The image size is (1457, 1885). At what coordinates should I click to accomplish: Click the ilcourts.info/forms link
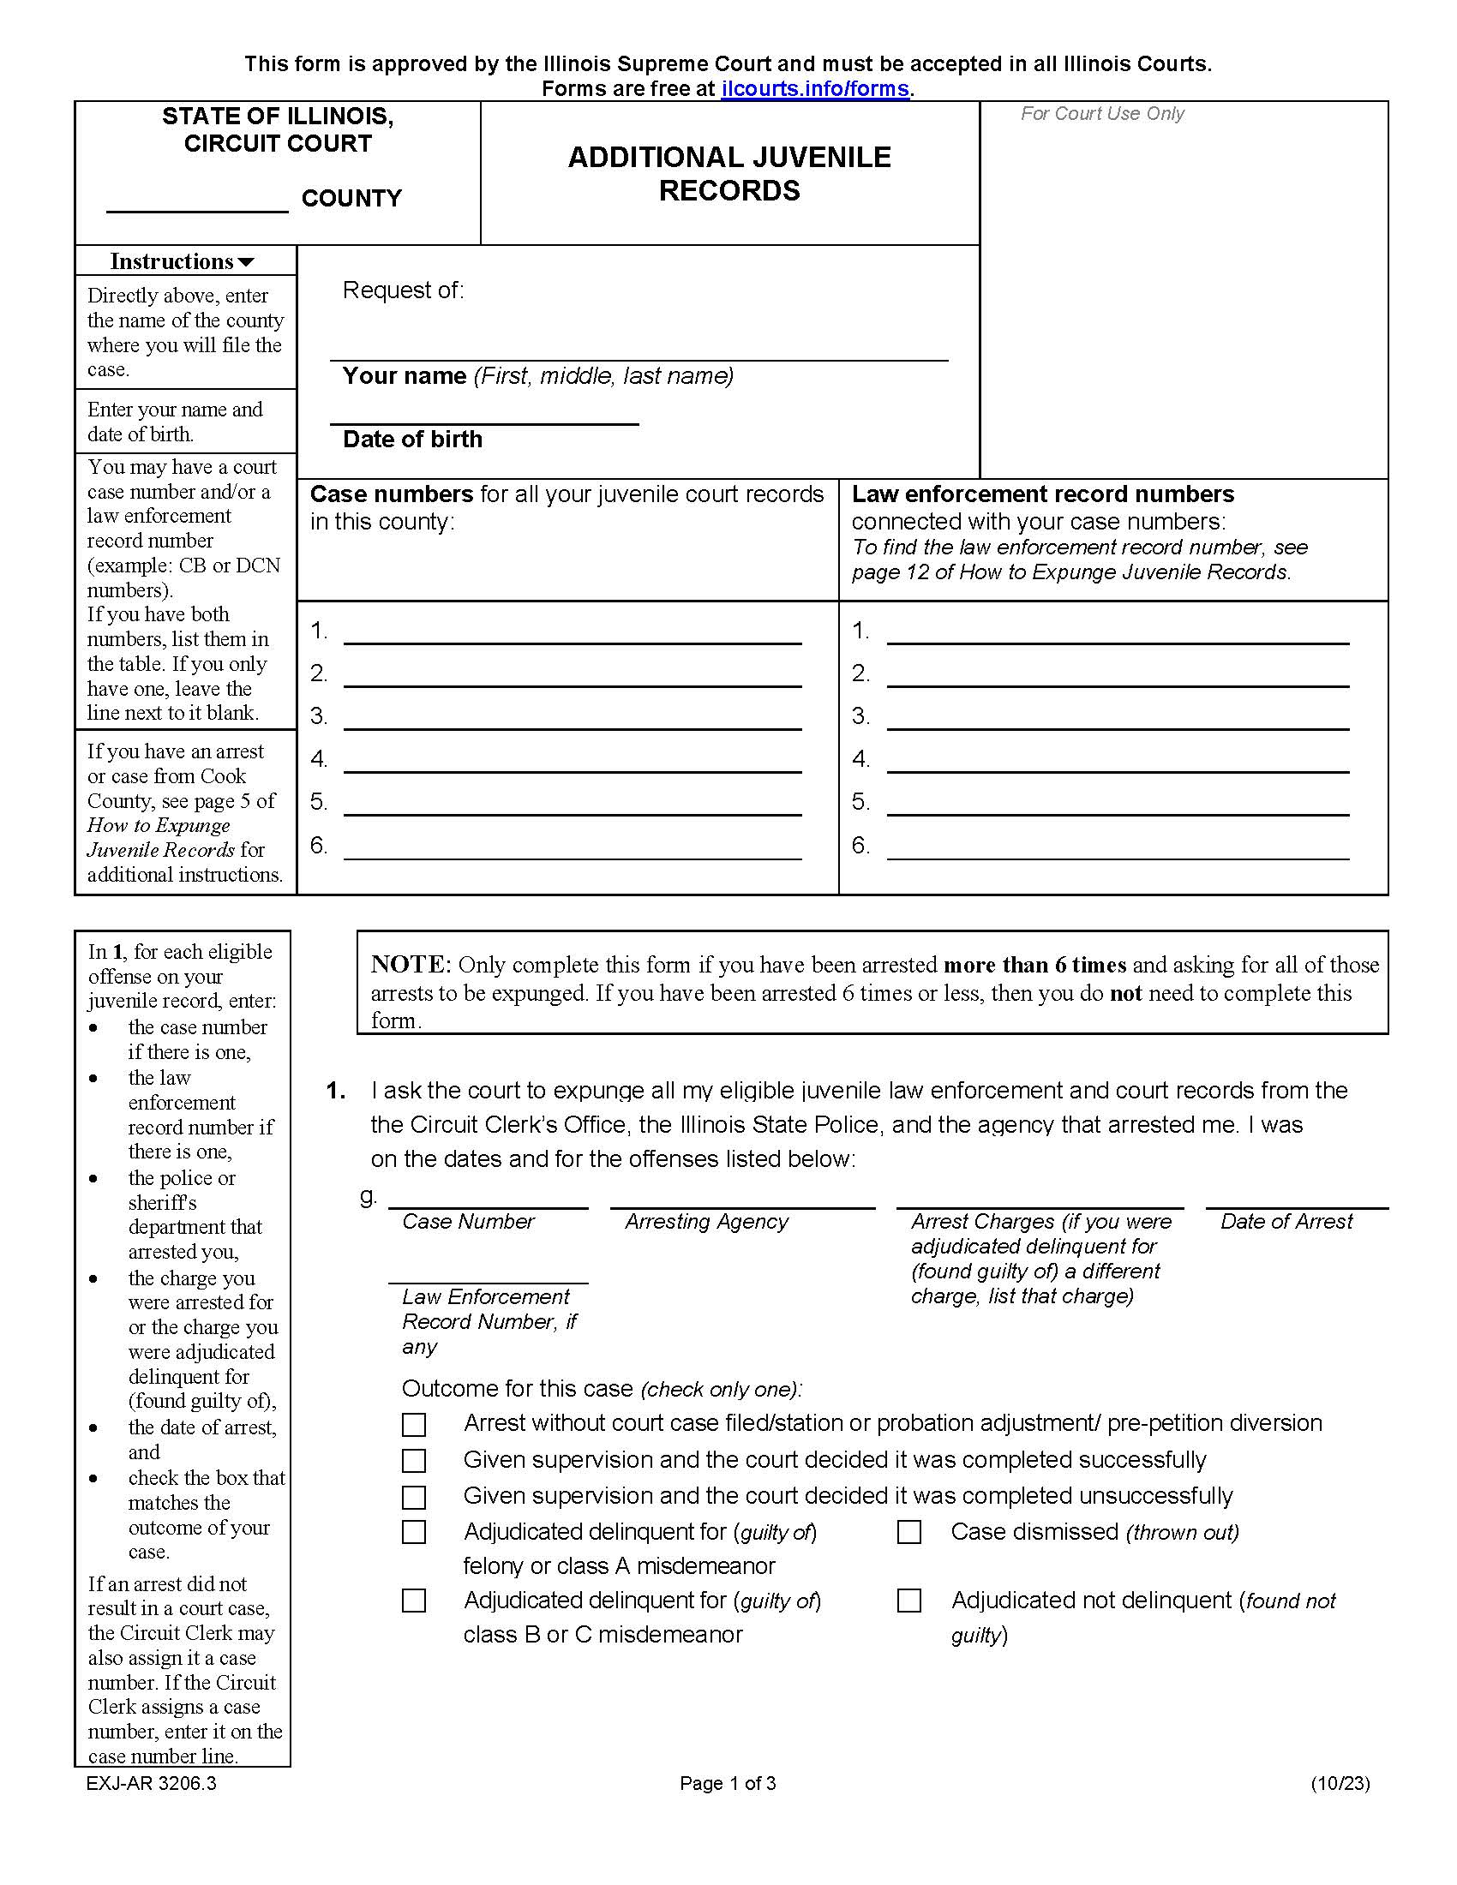pos(815,89)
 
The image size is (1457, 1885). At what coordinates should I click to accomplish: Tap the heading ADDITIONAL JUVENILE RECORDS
pos(729,173)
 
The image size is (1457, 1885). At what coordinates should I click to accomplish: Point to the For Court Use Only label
pos(1101,114)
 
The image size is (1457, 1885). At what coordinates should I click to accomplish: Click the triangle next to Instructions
pos(246,262)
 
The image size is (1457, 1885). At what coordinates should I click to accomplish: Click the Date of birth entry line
pos(484,416)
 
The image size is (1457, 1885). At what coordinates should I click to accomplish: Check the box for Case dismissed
pos(908,1532)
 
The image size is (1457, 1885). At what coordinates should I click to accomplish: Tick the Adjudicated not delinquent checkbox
pos(908,1601)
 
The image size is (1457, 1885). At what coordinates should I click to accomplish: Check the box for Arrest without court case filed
pos(414,1424)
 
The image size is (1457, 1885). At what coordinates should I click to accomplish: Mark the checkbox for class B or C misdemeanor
pos(414,1601)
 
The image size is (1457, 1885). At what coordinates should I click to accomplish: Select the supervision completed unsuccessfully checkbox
pos(414,1497)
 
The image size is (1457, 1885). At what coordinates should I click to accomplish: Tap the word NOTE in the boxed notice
pos(411,965)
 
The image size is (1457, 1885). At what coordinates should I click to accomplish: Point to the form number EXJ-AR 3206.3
pos(151,1783)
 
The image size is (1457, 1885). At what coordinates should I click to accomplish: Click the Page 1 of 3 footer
pos(728,1783)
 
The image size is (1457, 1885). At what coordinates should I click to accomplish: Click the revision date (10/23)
pos(1340,1783)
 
